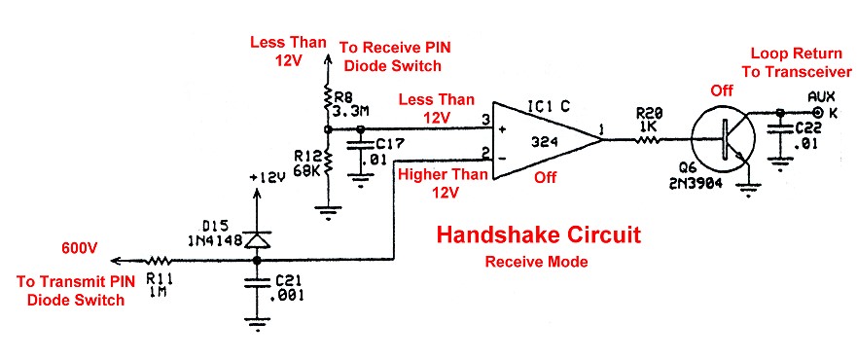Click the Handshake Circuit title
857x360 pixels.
537,235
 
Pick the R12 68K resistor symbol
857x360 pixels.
328,160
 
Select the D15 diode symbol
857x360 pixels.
257,238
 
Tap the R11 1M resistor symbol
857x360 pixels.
158,261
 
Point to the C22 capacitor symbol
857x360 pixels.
778,132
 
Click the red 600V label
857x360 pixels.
80,249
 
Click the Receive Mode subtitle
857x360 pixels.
537,263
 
